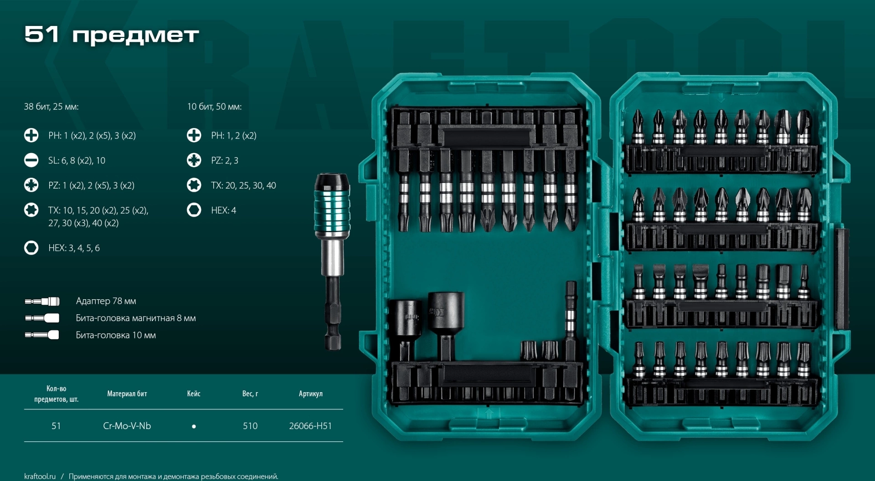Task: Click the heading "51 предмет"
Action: (x=112, y=35)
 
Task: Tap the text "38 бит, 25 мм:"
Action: (x=51, y=107)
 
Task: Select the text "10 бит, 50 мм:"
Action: (x=214, y=107)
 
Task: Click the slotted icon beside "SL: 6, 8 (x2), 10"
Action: (x=31, y=160)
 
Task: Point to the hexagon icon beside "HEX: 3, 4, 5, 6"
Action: (x=31, y=248)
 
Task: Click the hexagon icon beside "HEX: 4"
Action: (x=194, y=210)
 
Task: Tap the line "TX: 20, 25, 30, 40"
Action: (x=243, y=185)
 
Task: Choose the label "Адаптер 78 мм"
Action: (x=106, y=301)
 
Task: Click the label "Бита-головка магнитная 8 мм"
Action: (x=136, y=318)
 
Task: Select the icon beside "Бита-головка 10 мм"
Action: (x=42, y=335)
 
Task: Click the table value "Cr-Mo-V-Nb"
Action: (x=127, y=426)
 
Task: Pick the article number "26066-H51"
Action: (x=310, y=426)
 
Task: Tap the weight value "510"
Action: (x=250, y=426)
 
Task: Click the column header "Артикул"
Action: (x=311, y=394)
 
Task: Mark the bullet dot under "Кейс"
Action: (x=194, y=426)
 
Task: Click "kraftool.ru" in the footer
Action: (x=40, y=476)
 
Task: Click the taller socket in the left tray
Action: (x=446, y=326)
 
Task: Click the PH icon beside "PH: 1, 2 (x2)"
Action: (x=194, y=135)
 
